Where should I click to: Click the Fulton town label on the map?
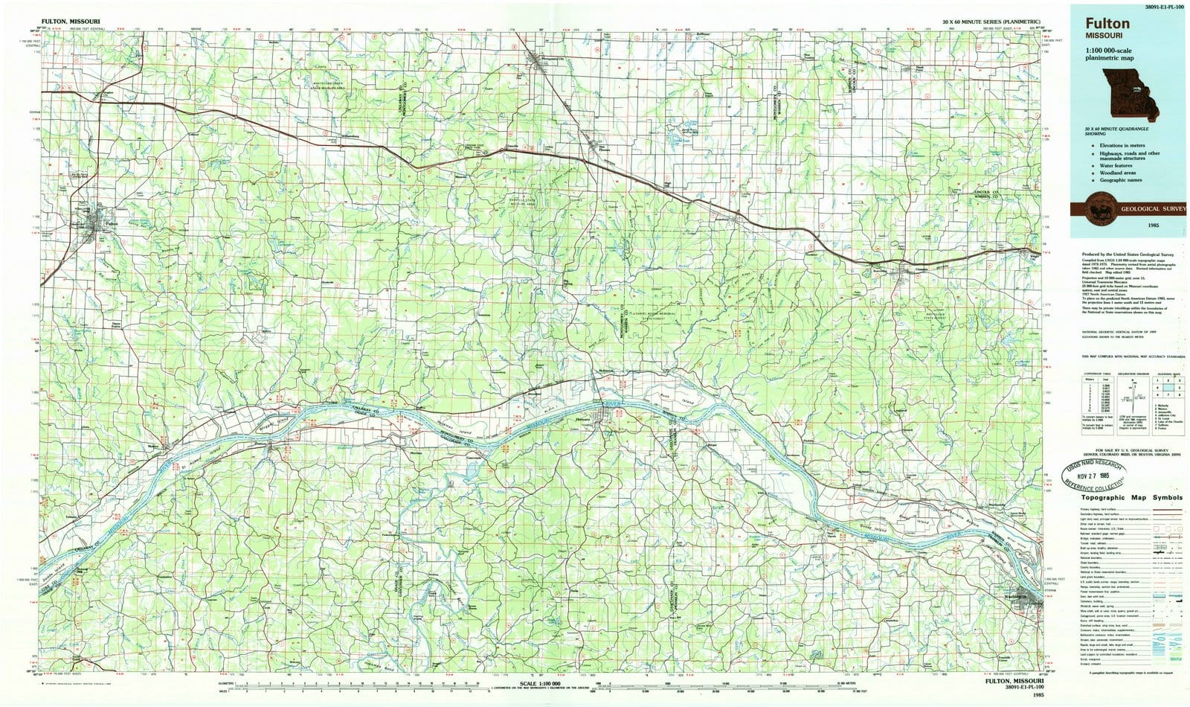[112, 221]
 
